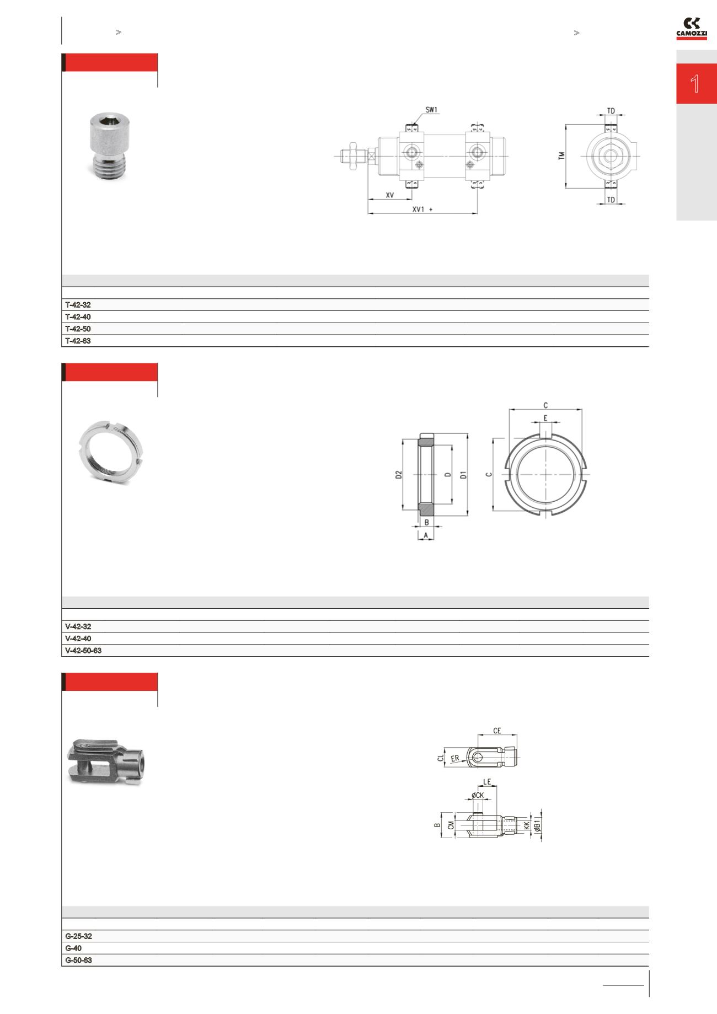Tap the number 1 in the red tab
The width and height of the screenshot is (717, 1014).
coord(695,84)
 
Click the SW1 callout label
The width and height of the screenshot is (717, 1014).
coord(431,110)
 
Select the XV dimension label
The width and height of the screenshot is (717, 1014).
coord(389,195)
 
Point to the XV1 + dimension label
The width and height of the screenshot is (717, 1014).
coord(422,210)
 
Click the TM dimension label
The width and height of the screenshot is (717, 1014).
coord(561,156)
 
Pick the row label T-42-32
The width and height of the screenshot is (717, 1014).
coord(78,305)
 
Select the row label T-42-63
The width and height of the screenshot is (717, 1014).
coord(78,341)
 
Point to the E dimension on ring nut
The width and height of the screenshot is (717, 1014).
coord(545,419)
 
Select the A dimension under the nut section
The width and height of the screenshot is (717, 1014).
coord(426,535)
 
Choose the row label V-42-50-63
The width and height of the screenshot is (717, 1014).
coord(83,651)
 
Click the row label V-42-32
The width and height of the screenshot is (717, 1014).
coord(78,627)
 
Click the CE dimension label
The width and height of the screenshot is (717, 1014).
coord(497,731)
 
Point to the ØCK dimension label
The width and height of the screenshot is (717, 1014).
coord(477,795)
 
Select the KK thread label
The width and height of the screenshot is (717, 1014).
coord(527,825)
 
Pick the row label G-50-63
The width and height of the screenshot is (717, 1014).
coord(78,961)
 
